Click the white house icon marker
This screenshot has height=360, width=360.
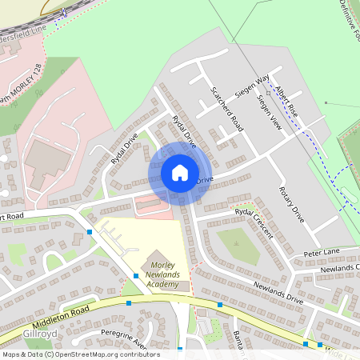[179, 172]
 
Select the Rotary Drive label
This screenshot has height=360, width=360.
[291, 203]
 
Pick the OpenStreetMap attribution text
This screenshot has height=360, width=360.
[80, 354]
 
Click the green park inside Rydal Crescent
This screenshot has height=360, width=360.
[238, 245]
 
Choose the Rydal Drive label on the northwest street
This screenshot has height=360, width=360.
[126, 150]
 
